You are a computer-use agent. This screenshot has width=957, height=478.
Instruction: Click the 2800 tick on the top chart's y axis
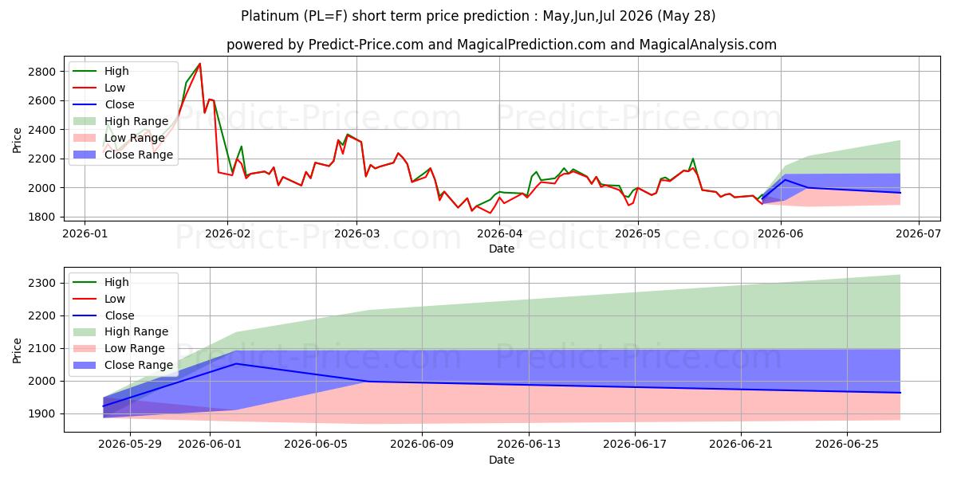coord(41,72)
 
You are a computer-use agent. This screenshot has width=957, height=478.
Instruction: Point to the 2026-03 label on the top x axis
coord(356,234)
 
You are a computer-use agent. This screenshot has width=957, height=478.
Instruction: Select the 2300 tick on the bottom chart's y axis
coord(41,283)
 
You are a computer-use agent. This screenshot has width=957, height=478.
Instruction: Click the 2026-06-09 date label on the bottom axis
coord(422,445)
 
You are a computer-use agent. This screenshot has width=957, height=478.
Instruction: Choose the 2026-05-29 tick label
coord(130,445)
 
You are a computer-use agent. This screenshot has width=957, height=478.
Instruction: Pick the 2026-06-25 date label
coord(847,445)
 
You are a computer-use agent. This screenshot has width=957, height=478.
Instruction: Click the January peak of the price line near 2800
coord(199,64)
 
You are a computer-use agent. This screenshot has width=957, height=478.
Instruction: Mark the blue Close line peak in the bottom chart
coord(236,363)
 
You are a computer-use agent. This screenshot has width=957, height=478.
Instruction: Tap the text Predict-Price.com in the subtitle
coord(366,45)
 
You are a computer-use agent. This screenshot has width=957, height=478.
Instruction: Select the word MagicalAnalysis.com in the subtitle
coord(708,45)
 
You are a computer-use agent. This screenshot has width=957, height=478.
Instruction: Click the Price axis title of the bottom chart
coord(17,351)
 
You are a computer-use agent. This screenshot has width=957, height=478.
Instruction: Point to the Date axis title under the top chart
coord(502,249)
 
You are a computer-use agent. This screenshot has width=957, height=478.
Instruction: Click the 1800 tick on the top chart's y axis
coord(41,217)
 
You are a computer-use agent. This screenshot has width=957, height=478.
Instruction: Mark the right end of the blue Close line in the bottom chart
coord(900,393)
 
